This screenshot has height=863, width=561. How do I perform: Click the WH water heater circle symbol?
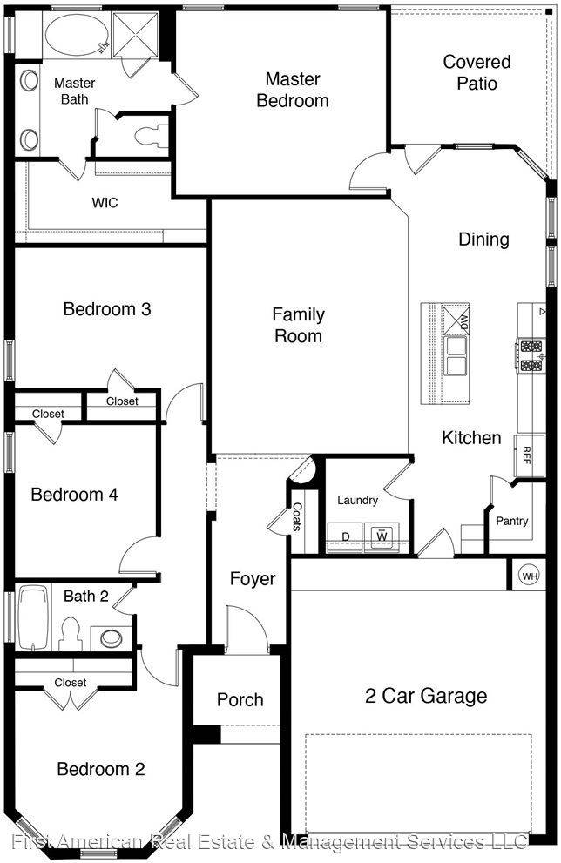pos(529,575)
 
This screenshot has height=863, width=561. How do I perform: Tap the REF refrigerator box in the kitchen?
pos(527,455)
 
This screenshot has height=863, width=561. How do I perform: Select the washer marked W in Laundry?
pos(381,536)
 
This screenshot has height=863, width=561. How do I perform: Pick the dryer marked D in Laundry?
pos(346,536)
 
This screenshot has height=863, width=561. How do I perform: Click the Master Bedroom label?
pos(293,90)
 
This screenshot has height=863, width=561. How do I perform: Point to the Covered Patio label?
pos(477,72)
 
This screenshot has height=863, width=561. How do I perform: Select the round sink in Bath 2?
pos(112,637)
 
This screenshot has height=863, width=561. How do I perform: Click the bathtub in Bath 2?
pos(33,618)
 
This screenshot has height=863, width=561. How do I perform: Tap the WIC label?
pos(105,203)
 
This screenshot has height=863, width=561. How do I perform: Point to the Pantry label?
pos(511,521)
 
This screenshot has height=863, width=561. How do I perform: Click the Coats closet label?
pos(297,517)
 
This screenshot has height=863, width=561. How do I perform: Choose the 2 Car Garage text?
pos(425,696)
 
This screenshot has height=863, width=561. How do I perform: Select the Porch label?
pos(240,699)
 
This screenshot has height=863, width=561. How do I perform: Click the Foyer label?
pos(253,579)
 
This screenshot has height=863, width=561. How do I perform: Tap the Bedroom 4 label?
pos(74,495)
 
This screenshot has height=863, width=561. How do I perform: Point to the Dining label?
pos(483,239)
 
